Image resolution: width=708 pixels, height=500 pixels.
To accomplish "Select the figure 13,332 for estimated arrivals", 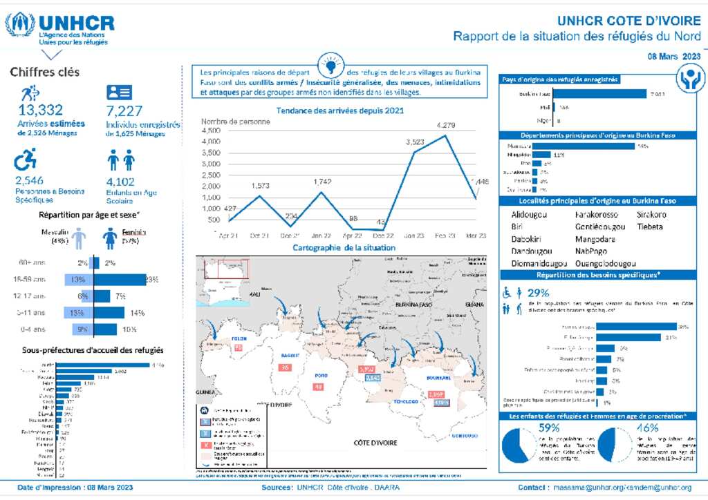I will pyautogui.click(x=41, y=110).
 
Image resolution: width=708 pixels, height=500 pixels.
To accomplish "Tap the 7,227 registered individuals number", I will pyautogui.click(x=124, y=110).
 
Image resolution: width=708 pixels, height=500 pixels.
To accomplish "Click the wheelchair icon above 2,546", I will pyautogui.click(x=26, y=161).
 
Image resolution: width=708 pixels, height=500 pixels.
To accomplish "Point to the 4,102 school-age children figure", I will pyautogui.click(x=124, y=181).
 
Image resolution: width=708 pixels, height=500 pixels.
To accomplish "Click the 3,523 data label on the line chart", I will pyautogui.click(x=414, y=141).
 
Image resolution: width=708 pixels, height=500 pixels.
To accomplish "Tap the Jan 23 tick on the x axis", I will pyautogui.click(x=414, y=235).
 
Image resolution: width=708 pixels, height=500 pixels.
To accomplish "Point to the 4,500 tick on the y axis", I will pyautogui.click(x=211, y=131).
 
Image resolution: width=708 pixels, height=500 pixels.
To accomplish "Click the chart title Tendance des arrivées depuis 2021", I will pyautogui.click(x=339, y=110).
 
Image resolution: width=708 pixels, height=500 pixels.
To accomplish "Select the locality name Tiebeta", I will pyautogui.click(x=650, y=227).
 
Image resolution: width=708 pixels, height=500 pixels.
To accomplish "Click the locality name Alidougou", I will pyautogui.click(x=529, y=215).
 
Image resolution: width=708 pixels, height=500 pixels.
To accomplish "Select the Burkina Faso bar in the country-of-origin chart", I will pyautogui.click(x=600, y=93).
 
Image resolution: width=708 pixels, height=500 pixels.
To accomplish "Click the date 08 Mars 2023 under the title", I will pyautogui.click(x=674, y=56).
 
